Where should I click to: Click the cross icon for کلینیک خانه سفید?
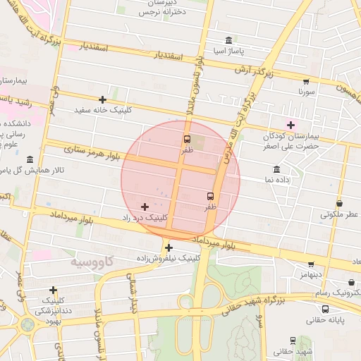(103, 99)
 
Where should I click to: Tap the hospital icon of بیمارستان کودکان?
(290, 125)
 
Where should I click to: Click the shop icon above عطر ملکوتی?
(339, 203)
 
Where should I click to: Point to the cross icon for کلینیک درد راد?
(145, 207)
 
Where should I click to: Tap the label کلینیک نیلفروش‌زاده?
(168, 258)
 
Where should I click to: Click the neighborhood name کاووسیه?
(92, 262)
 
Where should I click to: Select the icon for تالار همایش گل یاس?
(29, 159)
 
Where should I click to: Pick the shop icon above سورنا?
(306, 81)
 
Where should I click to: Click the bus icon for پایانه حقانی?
(325, 309)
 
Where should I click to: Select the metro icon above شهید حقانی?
(292, 341)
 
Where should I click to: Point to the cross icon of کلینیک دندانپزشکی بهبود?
(54, 289)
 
